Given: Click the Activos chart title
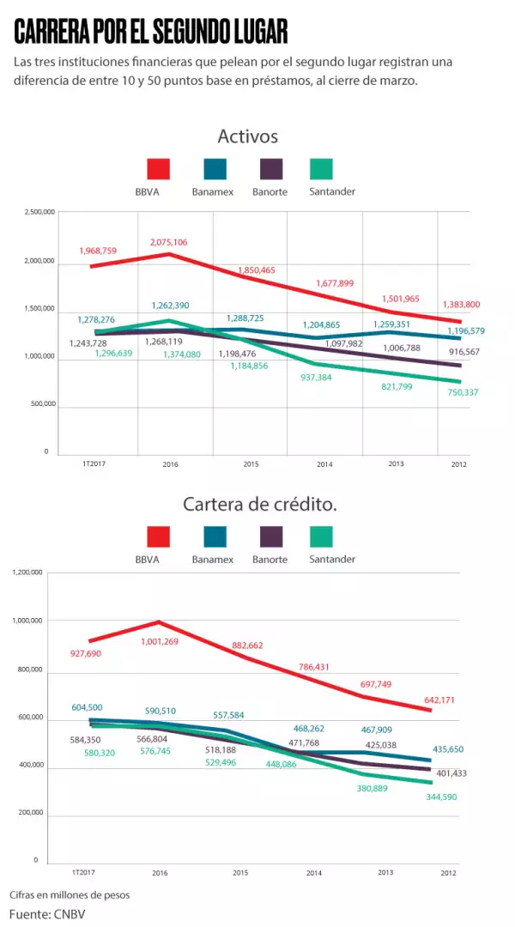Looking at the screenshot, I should pos(247,136).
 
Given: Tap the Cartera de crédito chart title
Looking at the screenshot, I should pos(259,505).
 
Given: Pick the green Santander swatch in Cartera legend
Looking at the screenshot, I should pos(320,537).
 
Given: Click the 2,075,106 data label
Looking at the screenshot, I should pos(168,242).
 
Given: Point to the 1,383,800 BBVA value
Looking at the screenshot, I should pos(461,305).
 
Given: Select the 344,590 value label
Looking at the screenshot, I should pos(444,797).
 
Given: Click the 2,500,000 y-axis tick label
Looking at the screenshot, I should pos(39,212).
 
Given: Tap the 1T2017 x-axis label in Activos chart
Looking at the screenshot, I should pos(76,463).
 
